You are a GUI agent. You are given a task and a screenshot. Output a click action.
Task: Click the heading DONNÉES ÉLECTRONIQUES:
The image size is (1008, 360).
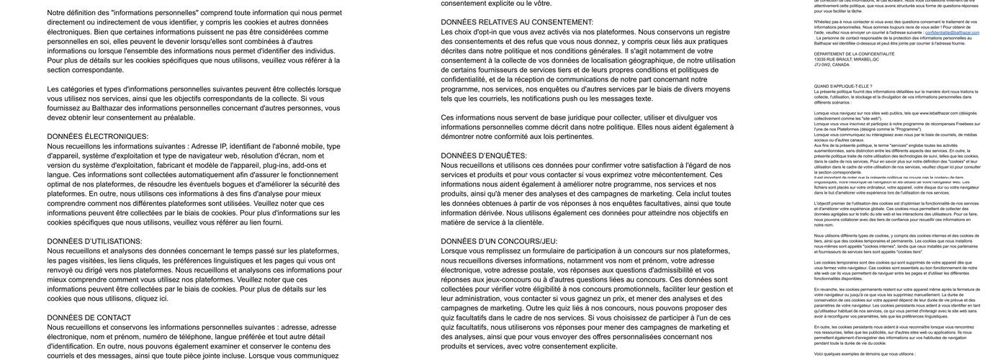click(98, 137)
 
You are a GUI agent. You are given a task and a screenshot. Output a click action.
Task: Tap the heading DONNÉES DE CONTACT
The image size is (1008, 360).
click(89, 318)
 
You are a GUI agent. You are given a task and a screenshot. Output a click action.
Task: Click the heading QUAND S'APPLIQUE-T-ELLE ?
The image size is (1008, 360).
click(842, 86)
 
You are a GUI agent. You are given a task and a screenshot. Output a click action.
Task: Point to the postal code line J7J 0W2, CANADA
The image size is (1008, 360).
click(832, 64)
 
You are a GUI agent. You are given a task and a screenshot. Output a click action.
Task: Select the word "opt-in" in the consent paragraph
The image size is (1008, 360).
click(485, 32)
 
